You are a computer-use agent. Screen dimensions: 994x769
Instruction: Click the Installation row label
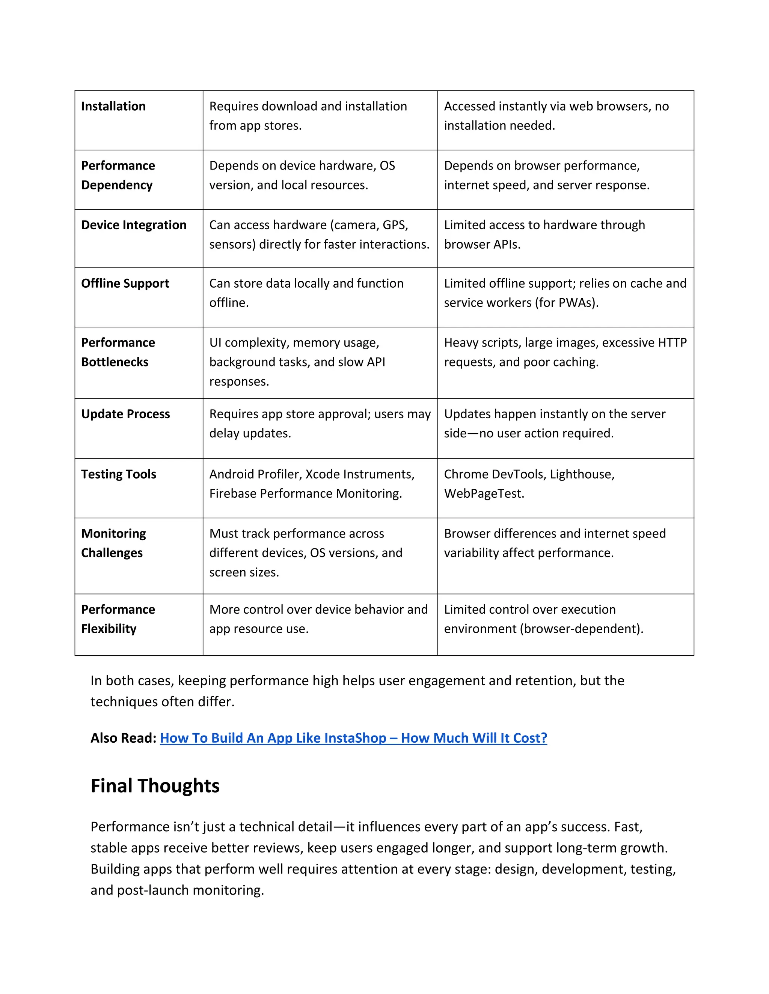coord(113,106)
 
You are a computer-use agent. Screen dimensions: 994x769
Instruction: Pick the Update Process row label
coord(125,414)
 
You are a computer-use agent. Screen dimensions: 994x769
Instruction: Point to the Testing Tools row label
coord(118,474)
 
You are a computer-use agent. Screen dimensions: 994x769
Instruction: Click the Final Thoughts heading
coord(155,785)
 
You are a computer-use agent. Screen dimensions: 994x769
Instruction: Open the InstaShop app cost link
coord(353,738)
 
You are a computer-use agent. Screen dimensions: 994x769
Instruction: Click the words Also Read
coord(123,738)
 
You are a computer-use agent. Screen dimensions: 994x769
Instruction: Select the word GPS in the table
coord(395,225)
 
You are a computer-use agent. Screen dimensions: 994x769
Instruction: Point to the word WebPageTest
coord(484,493)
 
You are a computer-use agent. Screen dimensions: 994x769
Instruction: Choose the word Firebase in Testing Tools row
coord(233,493)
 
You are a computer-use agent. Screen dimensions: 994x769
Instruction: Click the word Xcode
coord(322,474)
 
